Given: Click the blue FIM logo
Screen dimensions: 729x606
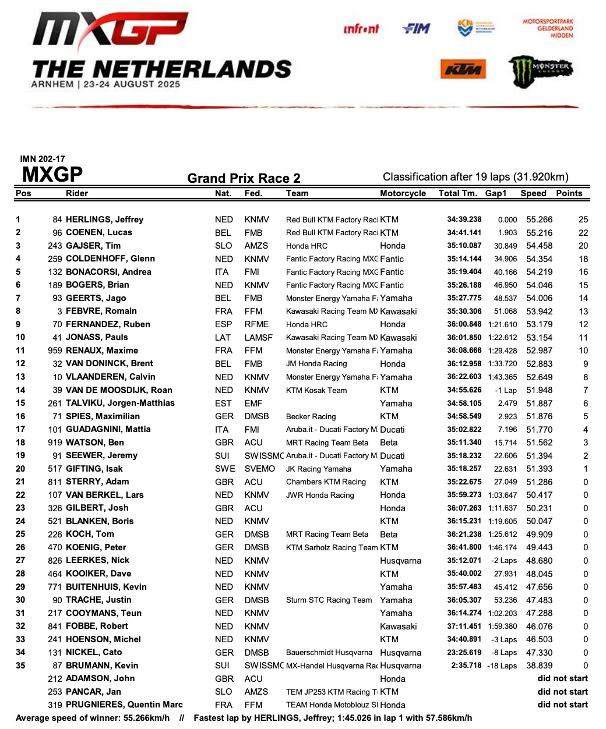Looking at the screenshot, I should click(x=416, y=28).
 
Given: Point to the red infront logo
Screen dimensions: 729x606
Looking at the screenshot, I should click(x=361, y=29).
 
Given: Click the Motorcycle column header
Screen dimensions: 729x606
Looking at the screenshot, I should click(x=403, y=193).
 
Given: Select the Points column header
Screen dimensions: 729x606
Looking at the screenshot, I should click(x=569, y=193).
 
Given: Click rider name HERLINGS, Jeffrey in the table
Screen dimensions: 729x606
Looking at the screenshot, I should click(x=104, y=220).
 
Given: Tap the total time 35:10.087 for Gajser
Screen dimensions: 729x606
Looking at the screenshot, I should click(x=464, y=246).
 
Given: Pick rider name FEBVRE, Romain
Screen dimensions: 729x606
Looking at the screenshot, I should click(x=101, y=311).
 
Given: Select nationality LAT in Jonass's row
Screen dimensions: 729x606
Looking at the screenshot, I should click(x=223, y=338).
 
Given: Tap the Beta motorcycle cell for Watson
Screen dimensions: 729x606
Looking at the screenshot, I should click(x=389, y=443).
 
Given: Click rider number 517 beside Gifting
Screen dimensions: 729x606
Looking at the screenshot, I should click(x=55, y=469).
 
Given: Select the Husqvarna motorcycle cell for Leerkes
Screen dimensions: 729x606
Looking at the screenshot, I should click(x=400, y=561).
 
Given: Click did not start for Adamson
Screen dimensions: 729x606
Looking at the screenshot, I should click(x=562, y=678).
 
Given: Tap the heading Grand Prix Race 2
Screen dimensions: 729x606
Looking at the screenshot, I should click(x=244, y=179).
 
